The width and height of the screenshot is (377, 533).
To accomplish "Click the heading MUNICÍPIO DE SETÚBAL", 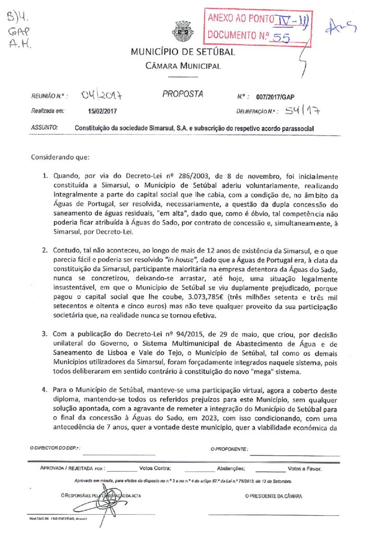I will [x=183, y=52].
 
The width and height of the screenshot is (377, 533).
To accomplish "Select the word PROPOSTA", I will [x=183, y=94].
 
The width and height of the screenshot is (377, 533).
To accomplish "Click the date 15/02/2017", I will [x=103, y=111].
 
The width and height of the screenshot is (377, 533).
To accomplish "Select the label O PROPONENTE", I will [x=230, y=449].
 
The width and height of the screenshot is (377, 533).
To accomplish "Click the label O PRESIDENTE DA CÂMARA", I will [x=273, y=496].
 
